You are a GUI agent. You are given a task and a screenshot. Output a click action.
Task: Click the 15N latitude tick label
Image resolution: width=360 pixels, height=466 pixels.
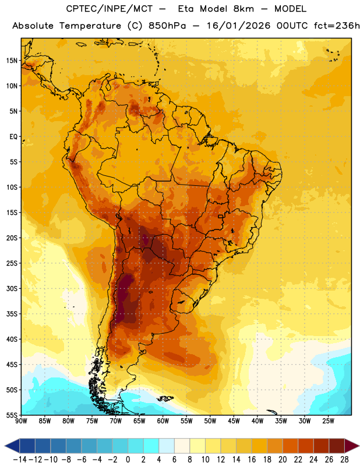coord(12,61)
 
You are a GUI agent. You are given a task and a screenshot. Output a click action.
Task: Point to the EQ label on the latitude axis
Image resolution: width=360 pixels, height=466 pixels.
coord(13,137)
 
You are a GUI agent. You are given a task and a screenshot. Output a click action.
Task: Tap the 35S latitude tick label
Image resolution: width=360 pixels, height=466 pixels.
coord(12,314)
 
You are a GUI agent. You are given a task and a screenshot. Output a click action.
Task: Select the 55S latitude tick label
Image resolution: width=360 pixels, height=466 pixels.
coord(12,415)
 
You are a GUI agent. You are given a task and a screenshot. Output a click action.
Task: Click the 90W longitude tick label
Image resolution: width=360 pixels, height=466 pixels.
coord(21,421)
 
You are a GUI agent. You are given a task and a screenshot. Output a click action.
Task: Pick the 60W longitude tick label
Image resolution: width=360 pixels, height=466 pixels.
coord(163,421)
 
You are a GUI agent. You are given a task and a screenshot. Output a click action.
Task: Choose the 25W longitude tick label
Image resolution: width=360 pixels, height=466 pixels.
coord(329,421)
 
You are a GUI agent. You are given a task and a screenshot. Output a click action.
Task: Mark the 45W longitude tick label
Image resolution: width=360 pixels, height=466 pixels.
coord(234,421)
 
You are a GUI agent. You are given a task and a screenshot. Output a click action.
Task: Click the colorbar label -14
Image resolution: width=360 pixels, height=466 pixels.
coord(20,460)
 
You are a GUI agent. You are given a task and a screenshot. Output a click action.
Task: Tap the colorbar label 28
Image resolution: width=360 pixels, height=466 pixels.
coord(344,460)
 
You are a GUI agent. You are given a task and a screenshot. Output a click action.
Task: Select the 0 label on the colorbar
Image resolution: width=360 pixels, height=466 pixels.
coord(128,460)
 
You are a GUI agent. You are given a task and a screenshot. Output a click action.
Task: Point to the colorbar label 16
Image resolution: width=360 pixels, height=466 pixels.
coord(252,460)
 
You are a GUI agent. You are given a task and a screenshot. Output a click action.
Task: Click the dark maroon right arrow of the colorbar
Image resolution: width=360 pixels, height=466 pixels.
coord(352,446)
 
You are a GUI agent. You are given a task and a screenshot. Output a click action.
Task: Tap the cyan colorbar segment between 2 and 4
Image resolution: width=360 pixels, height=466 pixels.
coord(151,446)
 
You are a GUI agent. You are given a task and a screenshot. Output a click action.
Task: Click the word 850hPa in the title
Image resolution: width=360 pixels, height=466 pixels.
coord(167,26)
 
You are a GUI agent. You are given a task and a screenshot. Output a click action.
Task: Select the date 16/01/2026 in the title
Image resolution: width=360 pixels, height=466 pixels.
coord(238,26)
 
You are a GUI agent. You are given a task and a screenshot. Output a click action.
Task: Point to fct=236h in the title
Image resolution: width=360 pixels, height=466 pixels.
coord(337,26)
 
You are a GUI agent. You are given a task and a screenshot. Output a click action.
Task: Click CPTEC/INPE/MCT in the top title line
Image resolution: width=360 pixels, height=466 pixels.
coord(110,9)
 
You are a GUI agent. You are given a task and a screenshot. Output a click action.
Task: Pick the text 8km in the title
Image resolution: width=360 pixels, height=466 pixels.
coord(243,9)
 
